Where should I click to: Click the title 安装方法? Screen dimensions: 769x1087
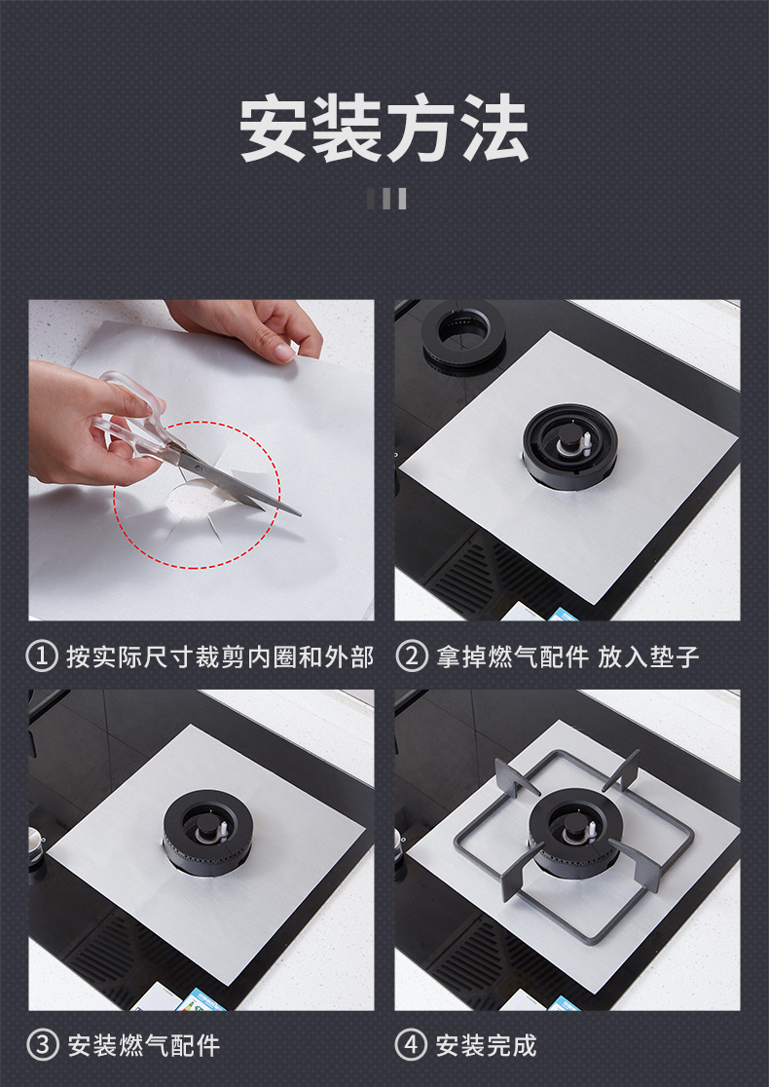click(x=384, y=129)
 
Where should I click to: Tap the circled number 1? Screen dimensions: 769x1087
click(x=42, y=656)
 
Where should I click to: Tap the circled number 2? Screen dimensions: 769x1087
click(x=412, y=656)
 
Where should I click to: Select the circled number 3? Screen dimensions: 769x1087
click(x=42, y=1045)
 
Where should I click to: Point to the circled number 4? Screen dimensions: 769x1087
click(x=412, y=1045)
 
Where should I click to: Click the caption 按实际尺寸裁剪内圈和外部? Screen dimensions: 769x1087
click(x=220, y=656)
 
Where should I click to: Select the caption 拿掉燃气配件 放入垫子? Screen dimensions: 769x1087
click(x=568, y=656)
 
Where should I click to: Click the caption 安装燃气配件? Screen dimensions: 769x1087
click(x=143, y=1045)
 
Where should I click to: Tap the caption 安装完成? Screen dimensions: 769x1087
click(x=487, y=1045)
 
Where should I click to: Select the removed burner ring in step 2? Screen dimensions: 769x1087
click(x=463, y=335)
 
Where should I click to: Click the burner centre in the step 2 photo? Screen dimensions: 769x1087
click(x=570, y=446)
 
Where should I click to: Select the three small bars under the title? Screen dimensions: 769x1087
click(x=386, y=199)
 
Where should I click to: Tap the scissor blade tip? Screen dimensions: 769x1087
click(x=299, y=514)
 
